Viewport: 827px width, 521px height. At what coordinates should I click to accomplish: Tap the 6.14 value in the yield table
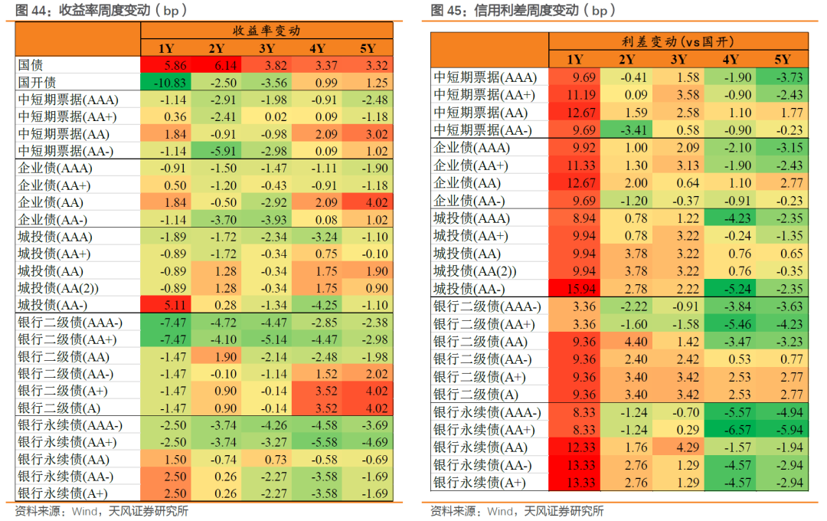tap(217, 66)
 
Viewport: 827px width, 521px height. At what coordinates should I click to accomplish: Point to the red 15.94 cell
tap(574, 287)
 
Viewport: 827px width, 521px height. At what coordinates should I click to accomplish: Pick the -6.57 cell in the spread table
tap(730, 430)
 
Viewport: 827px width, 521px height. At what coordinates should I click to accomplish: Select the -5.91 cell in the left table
tap(217, 151)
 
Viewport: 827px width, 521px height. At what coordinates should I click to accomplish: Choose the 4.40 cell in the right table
tap(626, 342)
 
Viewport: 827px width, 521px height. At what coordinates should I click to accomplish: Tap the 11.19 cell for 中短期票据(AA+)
tap(574, 95)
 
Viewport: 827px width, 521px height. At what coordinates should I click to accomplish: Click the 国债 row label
tap(30, 66)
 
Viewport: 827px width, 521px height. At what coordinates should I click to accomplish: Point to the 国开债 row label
tap(36, 83)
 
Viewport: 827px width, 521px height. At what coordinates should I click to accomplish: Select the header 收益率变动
tap(266, 31)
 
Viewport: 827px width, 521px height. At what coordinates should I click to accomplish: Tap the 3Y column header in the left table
tap(266, 49)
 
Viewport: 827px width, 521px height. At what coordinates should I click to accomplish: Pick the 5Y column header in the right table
tap(782, 59)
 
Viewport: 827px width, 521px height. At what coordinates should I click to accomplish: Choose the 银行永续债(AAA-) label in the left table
tap(70, 425)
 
